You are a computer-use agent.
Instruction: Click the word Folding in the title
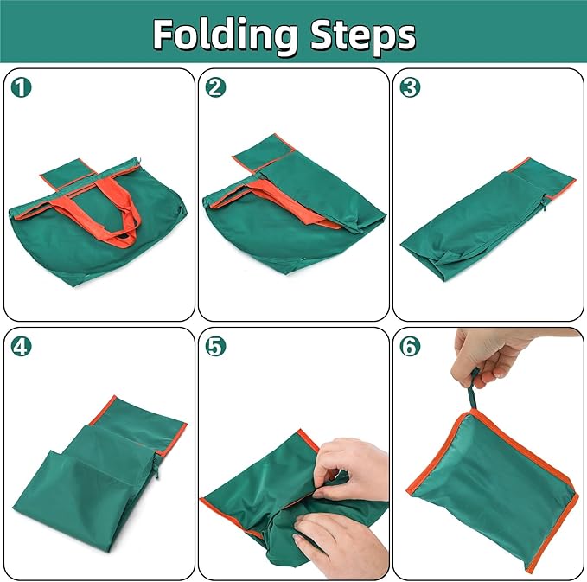tap(226, 36)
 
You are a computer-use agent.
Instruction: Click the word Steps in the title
tap(363, 36)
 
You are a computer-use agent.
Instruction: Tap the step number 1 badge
tap(22, 87)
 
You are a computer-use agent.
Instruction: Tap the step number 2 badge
tap(215, 87)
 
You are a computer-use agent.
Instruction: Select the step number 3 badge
tap(410, 87)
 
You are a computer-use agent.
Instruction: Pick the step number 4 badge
tap(22, 347)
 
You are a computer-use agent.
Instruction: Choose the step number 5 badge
tap(215, 347)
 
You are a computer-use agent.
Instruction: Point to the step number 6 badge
tap(410, 347)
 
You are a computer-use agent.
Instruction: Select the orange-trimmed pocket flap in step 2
tap(262, 154)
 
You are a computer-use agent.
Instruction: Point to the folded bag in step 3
tap(488, 220)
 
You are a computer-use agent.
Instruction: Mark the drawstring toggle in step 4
tap(156, 464)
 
